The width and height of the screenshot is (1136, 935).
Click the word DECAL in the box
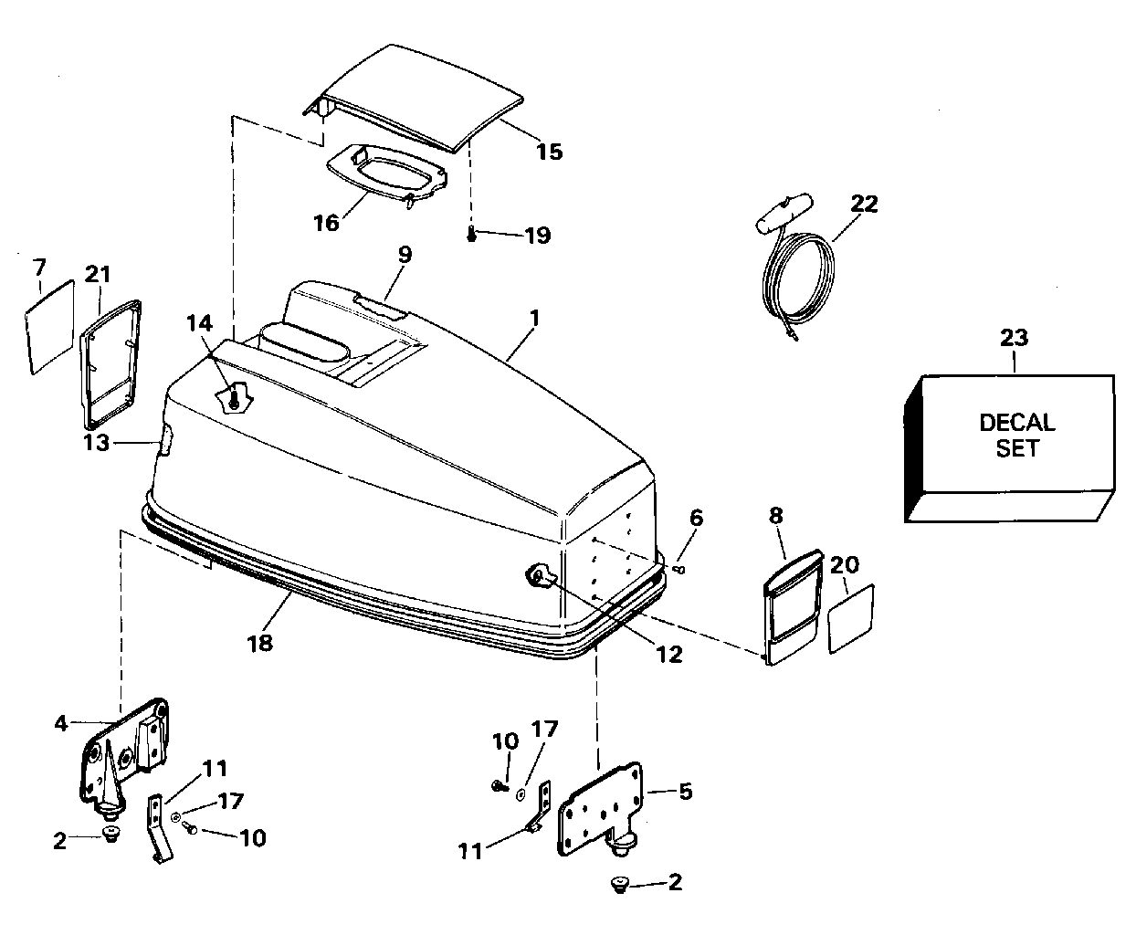click(x=1017, y=423)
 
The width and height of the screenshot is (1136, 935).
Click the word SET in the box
click(x=1016, y=448)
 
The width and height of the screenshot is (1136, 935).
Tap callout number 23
click(x=1014, y=338)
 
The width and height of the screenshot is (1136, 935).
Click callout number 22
click(x=864, y=204)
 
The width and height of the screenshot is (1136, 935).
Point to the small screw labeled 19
click(x=472, y=235)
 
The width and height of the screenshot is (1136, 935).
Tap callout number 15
click(x=550, y=152)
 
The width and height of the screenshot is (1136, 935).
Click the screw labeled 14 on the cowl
click(x=234, y=400)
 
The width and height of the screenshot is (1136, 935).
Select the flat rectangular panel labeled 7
click(x=50, y=327)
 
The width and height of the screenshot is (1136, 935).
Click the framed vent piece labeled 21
click(x=110, y=364)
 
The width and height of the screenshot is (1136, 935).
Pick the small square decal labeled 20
click(x=851, y=618)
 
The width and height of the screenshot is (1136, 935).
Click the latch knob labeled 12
click(x=540, y=576)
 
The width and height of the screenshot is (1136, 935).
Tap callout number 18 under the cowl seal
click(x=259, y=643)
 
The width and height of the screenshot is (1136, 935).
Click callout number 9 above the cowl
click(x=405, y=254)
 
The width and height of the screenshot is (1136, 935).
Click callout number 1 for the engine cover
click(x=534, y=319)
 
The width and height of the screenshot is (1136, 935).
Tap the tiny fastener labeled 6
click(x=681, y=569)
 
